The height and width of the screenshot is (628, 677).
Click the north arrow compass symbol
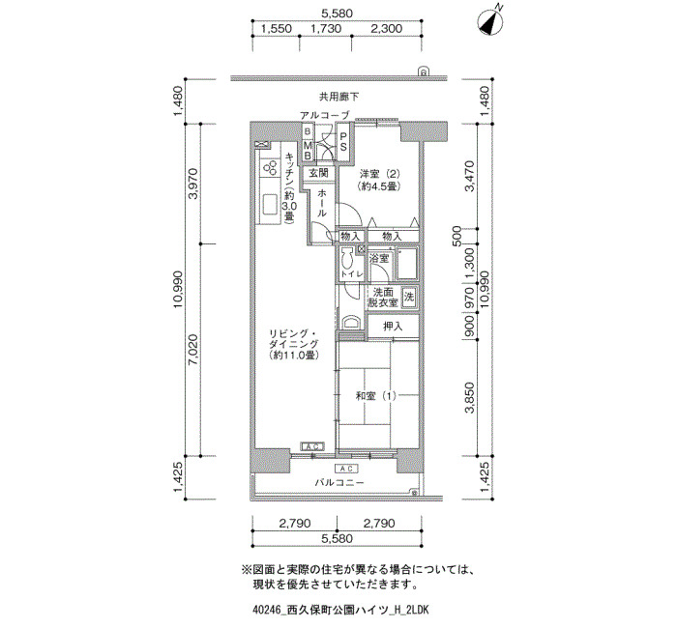(x=489, y=22)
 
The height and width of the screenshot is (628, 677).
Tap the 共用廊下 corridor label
(x=338, y=97)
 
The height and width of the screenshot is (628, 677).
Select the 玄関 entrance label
(x=319, y=173)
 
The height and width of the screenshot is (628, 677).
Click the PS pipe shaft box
(x=343, y=142)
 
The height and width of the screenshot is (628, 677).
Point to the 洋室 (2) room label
(x=380, y=181)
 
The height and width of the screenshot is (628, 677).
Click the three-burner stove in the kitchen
(x=270, y=168)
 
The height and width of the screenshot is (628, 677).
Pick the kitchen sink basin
(x=270, y=205)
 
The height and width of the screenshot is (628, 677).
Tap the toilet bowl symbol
(x=346, y=260)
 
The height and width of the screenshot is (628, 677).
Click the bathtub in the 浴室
(x=407, y=264)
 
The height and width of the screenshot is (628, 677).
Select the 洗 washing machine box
(x=409, y=297)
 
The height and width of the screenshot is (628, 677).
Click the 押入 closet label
(x=393, y=327)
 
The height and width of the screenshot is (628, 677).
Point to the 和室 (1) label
(x=375, y=396)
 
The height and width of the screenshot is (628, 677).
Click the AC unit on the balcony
(x=346, y=469)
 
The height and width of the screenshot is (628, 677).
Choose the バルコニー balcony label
(x=338, y=483)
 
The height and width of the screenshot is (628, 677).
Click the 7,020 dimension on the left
(x=193, y=350)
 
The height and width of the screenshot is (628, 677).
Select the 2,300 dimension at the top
(x=387, y=29)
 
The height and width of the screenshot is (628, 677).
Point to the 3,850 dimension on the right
(x=470, y=397)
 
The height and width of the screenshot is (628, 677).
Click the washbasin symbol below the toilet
(x=350, y=323)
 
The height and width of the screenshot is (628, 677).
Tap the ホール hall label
(x=322, y=203)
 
